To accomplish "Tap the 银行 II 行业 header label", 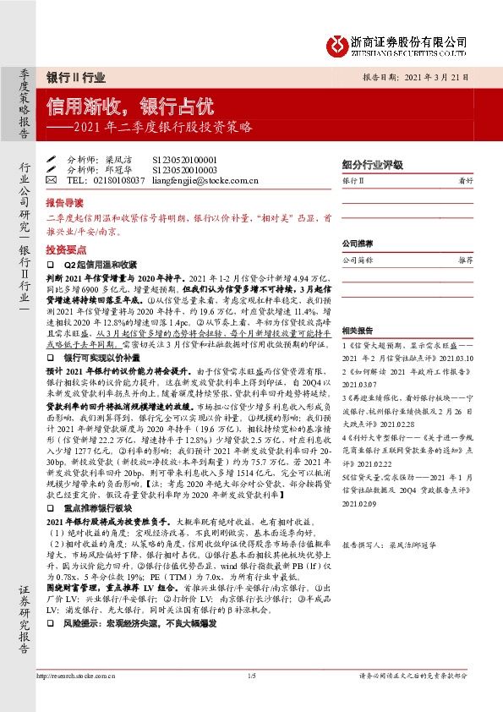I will (x=75, y=77).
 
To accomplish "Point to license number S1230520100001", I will (x=184, y=159).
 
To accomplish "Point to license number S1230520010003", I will (x=184, y=169).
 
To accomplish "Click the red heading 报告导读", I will (x=64, y=204).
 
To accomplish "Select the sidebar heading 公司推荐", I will (x=358, y=244).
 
